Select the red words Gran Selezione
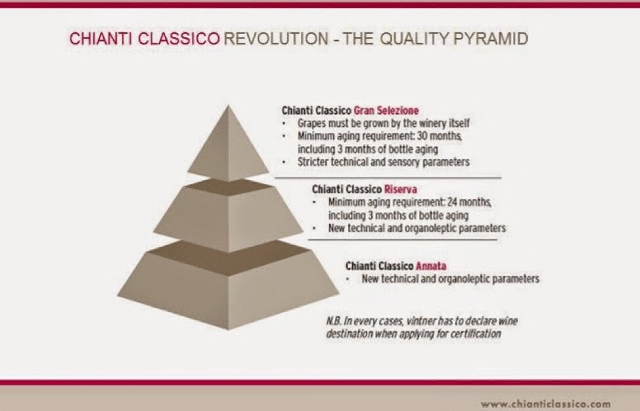point(386,110)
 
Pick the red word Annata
point(431,266)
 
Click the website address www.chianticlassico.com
point(545,403)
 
